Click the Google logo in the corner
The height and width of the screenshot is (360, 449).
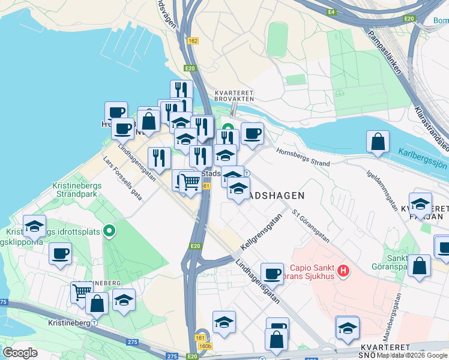point(20,353)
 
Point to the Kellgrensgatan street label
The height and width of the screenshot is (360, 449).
point(261,238)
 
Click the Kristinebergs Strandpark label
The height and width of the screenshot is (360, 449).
point(76,190)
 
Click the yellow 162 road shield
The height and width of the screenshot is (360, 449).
point(192,41)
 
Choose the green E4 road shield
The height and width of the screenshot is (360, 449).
point(331,12)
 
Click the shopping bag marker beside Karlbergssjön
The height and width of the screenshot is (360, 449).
point(378,143)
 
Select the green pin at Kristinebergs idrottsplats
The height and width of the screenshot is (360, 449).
point(109,230)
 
